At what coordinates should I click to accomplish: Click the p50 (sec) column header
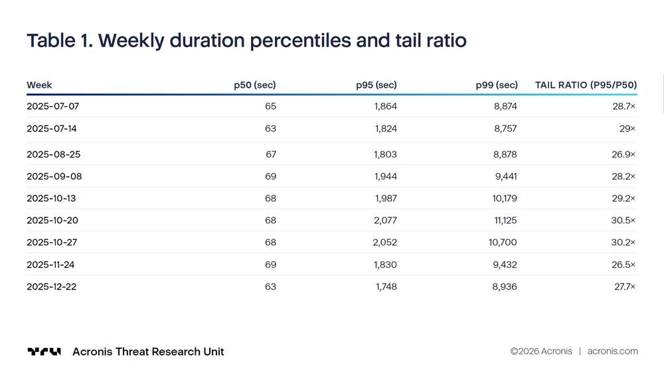pos(255,85)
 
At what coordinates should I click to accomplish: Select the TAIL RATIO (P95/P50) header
pos(586,85)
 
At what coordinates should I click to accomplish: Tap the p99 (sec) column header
pos(497,85)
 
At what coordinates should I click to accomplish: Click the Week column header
pos(39,85)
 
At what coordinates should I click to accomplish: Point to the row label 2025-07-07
pos(53,106)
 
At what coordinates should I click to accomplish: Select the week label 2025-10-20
pos(52,221)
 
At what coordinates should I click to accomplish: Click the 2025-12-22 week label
pos(52,287)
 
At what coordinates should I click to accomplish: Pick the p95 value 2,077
pos(385,221)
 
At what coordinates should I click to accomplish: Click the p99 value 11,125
pos(505,221)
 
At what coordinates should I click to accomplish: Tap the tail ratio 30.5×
pos(623,221)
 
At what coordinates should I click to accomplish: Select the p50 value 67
pos(271,154)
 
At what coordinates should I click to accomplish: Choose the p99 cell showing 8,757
pos(505,129)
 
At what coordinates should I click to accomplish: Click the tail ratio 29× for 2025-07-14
pos(627,129)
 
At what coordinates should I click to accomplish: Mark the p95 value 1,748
pos(386,287)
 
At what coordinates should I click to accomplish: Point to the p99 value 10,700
pos(503,242)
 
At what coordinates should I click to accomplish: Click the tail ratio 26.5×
pos(623,265)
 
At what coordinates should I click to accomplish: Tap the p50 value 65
pos(271,106)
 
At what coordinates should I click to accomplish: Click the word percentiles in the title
pos(300,41)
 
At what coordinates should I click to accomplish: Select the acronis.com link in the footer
pos(613,351)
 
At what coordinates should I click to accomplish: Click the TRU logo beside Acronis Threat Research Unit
pos(44,351)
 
